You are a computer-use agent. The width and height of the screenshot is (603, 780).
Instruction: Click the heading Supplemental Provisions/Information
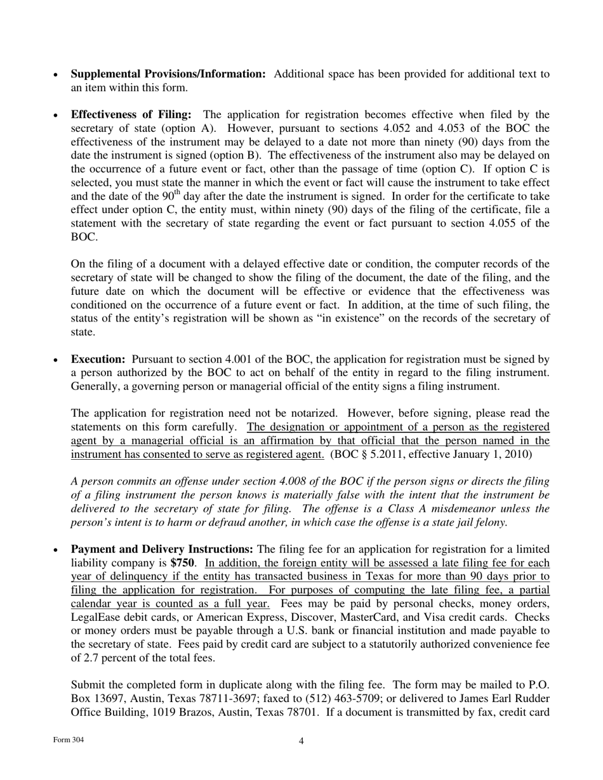[168, 74]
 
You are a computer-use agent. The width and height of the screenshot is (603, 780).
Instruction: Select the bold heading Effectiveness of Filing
[131, 115]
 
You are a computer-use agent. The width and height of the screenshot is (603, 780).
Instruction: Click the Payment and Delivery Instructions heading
[162, 549]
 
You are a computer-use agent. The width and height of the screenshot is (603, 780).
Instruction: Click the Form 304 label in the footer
[68, 740]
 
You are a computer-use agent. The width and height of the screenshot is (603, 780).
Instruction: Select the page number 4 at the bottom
[301, 741]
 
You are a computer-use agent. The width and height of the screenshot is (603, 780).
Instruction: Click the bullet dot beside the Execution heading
[57, 360]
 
